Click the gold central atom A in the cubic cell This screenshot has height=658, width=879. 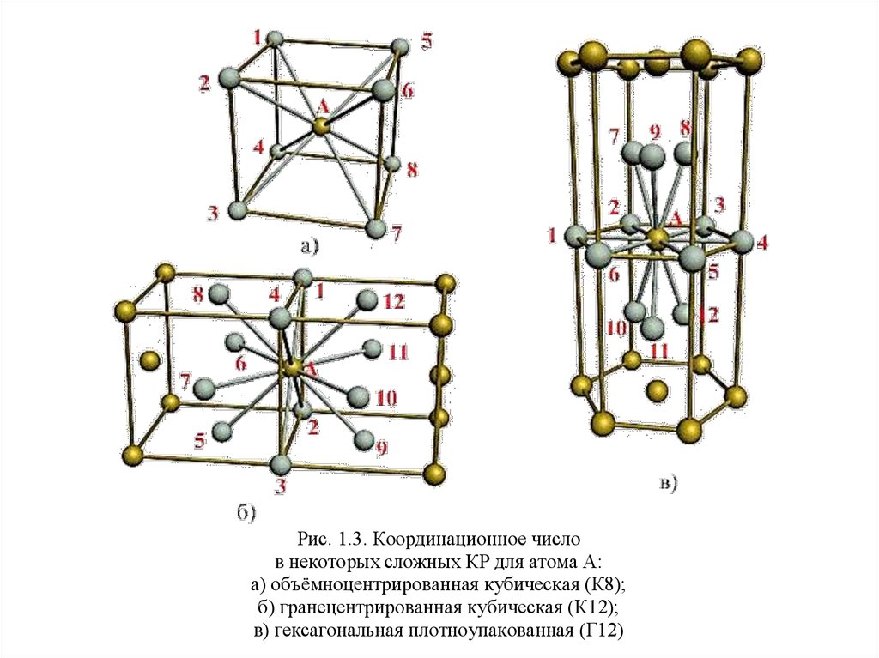321,126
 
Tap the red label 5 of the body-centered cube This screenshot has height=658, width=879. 427,40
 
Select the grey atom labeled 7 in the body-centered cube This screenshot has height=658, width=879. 375,228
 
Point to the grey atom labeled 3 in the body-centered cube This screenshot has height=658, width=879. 239,208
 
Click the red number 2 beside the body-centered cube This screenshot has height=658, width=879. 204,83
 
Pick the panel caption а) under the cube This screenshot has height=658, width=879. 308,247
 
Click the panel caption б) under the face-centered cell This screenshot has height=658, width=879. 245,512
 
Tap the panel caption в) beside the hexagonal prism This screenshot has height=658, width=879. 668,484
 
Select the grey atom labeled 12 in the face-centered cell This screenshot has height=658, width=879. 367,299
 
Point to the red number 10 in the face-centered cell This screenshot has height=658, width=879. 386,398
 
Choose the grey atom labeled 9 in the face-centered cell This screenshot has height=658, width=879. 364,438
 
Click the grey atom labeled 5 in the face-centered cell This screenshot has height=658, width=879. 225,429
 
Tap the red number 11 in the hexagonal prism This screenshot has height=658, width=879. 659,351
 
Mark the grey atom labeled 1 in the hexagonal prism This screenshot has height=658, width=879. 578,234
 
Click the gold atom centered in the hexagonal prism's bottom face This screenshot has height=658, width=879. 657,391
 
